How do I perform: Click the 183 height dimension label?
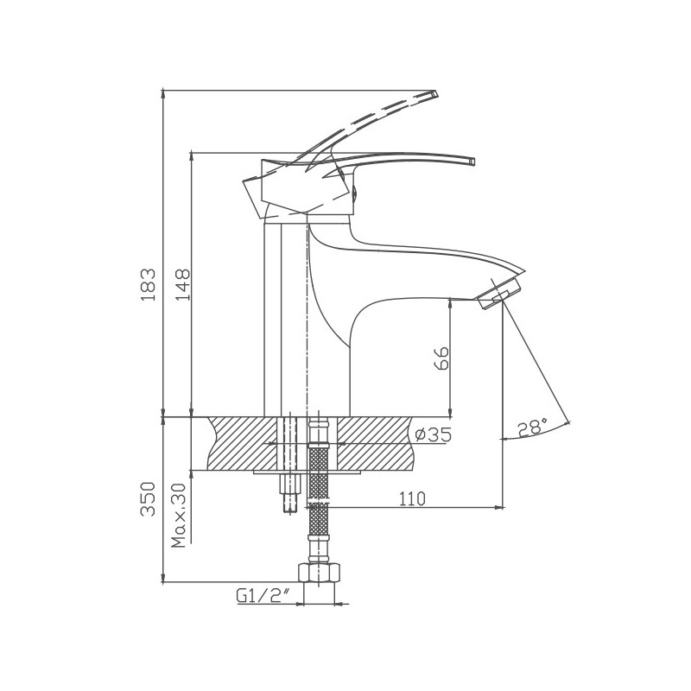pos(149,284)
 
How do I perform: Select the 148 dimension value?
pos(182,284)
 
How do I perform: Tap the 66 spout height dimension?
pos(441,358)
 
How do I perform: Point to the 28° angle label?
pos(532,427)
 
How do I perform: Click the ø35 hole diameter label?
pos(434,435)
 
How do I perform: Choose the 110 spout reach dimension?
pos(413,498)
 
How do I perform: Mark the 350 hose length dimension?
pos(148,499)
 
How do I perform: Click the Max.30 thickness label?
pos(180,515)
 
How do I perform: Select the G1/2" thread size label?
pos(263,596)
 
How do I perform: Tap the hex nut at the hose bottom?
pos(319,573)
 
